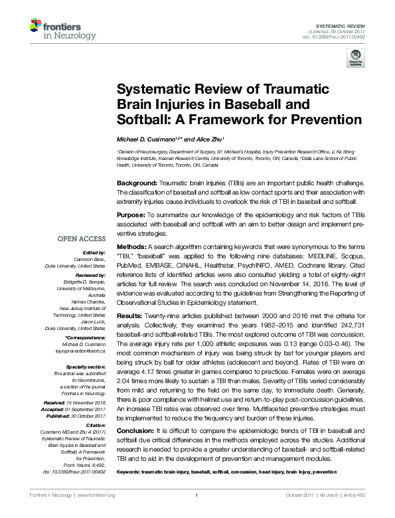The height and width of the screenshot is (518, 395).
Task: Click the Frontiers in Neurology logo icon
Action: pos(37,27)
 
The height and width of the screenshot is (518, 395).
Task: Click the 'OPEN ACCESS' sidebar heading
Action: pos(82,238)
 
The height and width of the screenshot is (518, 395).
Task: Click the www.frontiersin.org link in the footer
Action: pos(96,495)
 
